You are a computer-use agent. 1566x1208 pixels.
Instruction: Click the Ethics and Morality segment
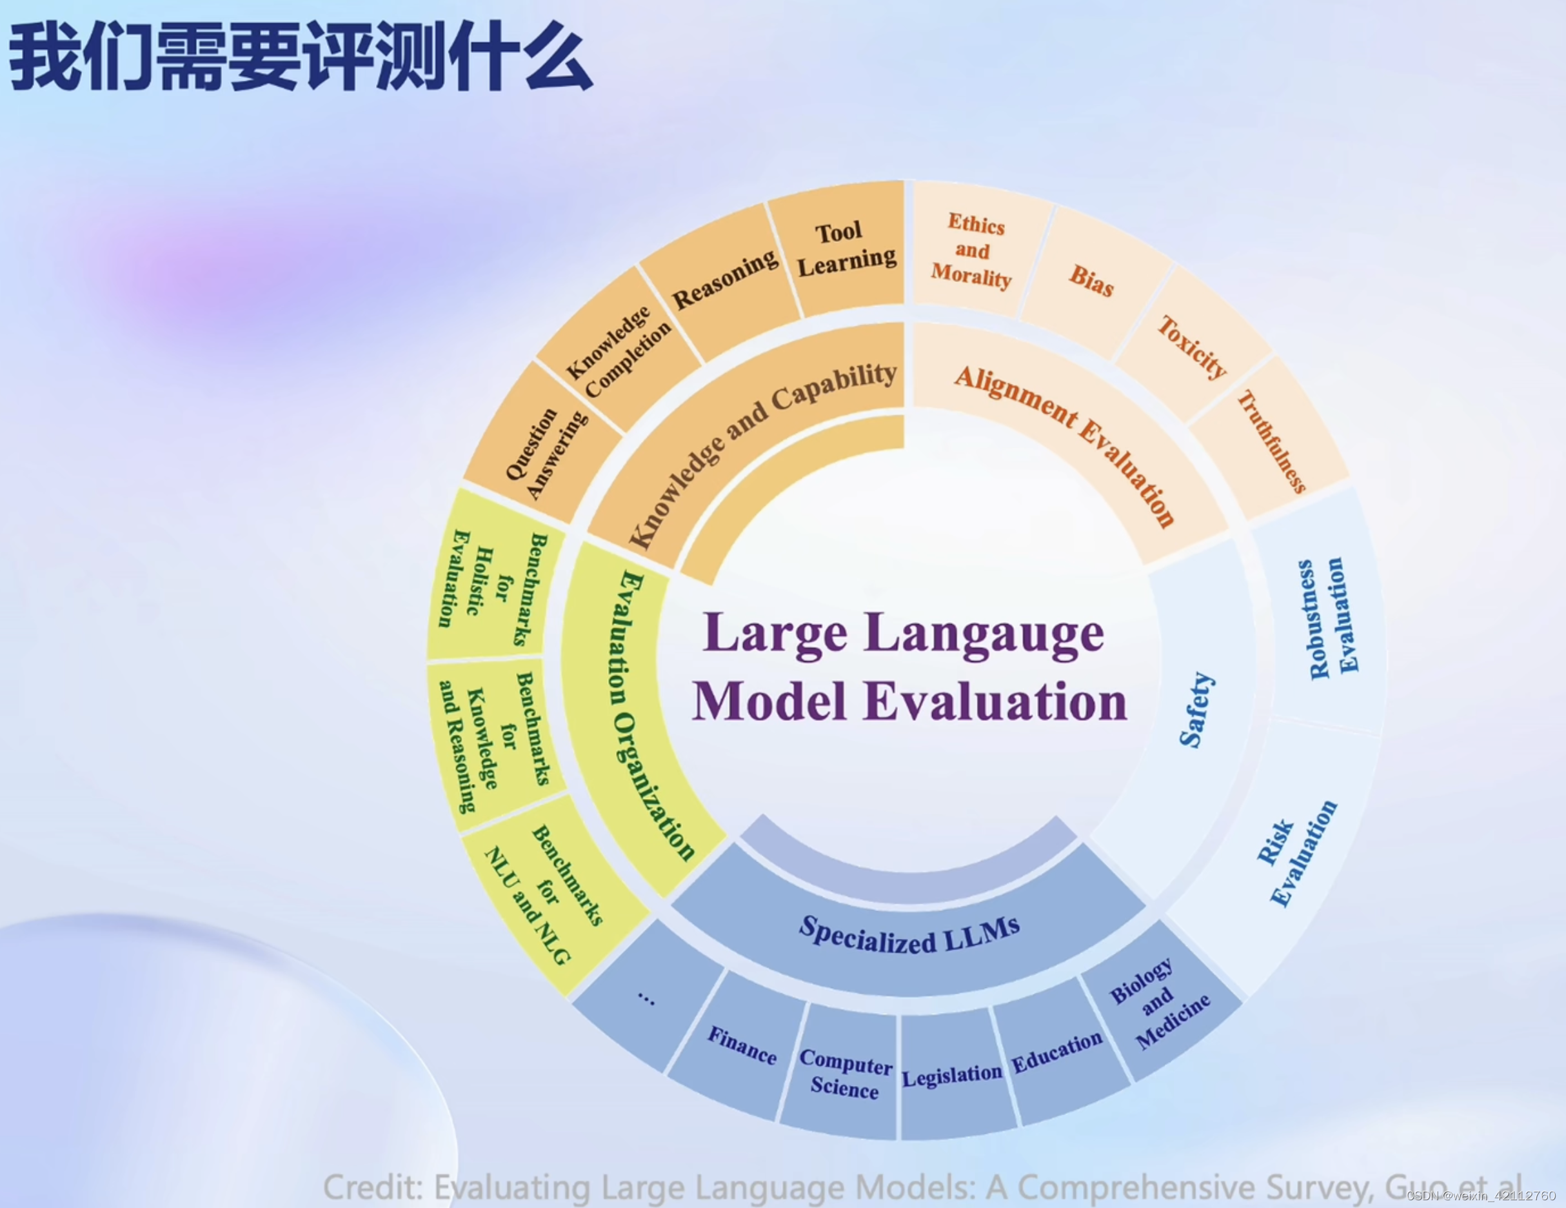click(x=972, y=250)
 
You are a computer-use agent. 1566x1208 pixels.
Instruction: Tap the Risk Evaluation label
click(x=1296, y=854)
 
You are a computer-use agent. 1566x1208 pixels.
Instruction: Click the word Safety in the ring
click(x=1196, y=710)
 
